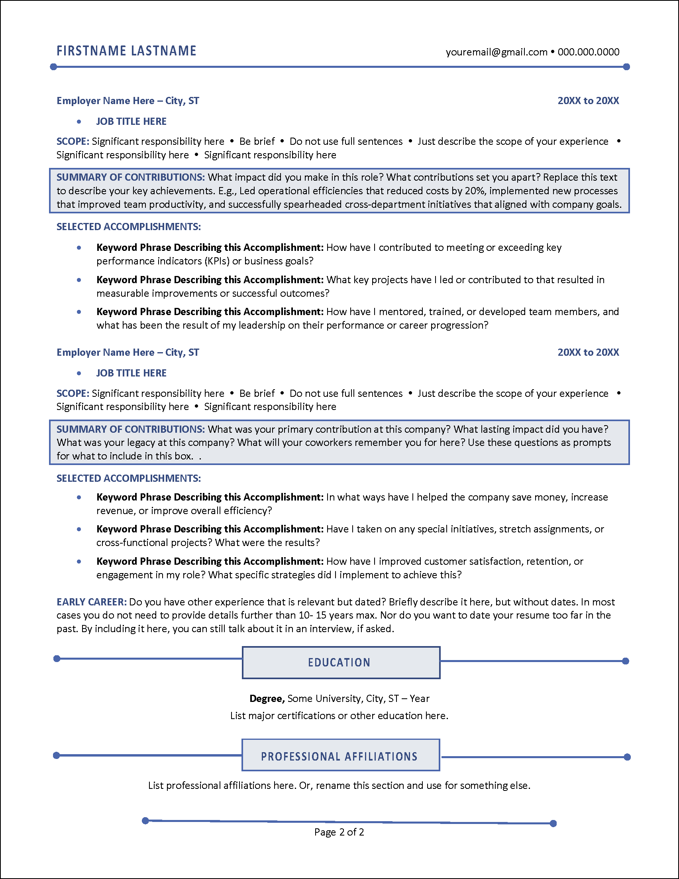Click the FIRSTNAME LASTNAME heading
coord(126,51)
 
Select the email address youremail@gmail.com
coord(496,52)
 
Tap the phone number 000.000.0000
coord(588,52)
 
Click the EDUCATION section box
coord(341,662)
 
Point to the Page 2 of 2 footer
coord(339,832)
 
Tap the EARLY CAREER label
coord(92,602)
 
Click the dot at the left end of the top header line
coord(53,67)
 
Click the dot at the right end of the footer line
coord(553,824)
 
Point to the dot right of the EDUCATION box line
coord(625,661)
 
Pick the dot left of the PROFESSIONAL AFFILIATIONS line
coord(57,755)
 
